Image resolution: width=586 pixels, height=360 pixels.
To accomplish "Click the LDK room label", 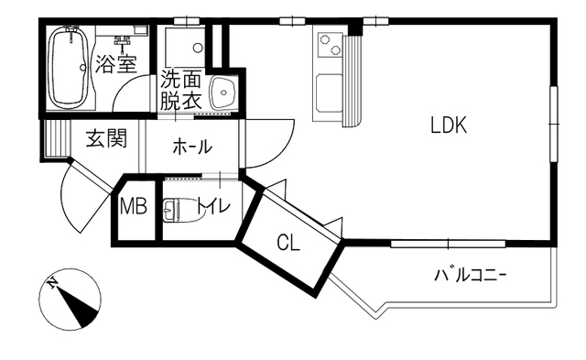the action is (x=449, y=125).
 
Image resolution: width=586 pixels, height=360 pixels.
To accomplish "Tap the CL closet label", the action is (x=288, y=244).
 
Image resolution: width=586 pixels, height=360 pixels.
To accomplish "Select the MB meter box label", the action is (x=133, y=206).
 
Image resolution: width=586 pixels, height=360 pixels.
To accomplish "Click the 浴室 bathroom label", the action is (x=116, y=64).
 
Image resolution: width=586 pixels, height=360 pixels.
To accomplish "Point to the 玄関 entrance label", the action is (x=106, y=138).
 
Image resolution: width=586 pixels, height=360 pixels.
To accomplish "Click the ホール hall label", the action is (x=192, y=147).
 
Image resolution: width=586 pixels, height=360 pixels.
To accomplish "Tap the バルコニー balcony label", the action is (x=471, y=276).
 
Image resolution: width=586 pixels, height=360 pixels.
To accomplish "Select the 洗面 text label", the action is (x=181, y=80).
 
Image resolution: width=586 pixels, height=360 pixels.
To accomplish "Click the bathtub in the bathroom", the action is (x=70, y=68).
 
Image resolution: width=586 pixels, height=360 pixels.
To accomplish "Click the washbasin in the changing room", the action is (x=223, y=93).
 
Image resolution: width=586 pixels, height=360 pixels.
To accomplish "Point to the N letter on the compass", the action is (x=52, y=284).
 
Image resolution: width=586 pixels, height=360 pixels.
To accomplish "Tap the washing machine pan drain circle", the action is (x=198, y=48).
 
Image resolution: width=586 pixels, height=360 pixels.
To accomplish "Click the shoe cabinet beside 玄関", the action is (x=55, y=138).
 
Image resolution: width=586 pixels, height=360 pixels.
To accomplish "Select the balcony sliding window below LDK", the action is (x=448, y=244).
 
